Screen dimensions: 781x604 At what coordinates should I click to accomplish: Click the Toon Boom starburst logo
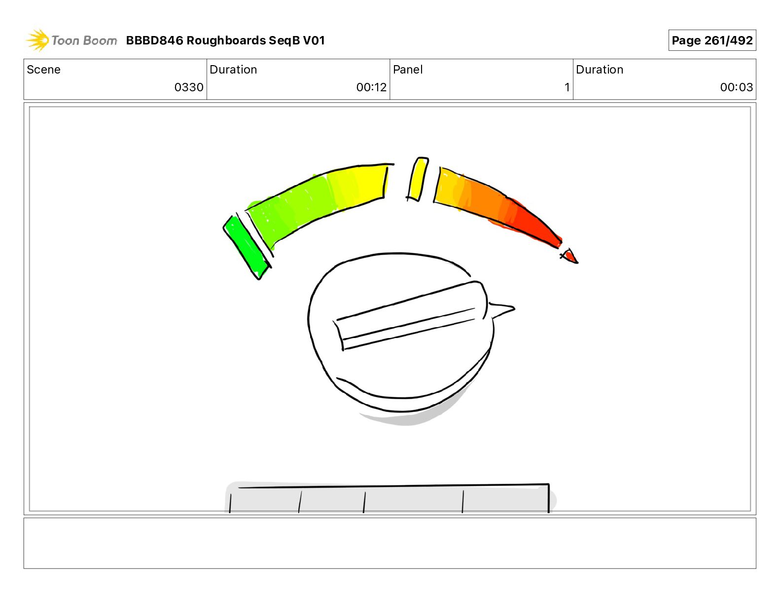(x=37, y=40)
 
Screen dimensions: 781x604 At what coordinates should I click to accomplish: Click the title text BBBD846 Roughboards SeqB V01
(x=225, y=40)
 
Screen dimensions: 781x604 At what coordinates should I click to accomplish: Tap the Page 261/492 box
(x=712, y=40)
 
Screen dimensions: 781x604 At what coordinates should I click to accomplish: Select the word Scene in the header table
(x=43, y=70)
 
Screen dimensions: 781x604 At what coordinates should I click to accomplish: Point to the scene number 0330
(x=189, y=87)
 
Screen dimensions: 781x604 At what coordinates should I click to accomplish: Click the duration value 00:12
(x=371, y=87)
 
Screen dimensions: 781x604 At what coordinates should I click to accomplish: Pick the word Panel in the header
(x=408, y=70)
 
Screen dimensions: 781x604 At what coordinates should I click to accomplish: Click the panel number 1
(x=567, y=87)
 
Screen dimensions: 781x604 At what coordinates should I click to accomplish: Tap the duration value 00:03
(x=737, y=87)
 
